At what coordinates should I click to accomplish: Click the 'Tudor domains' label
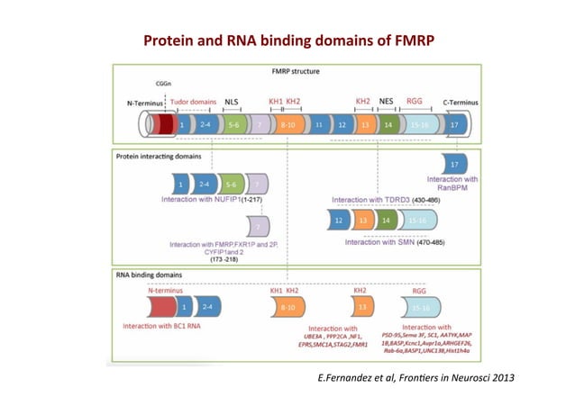pos(193,103)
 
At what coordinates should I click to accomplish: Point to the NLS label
pos(232,103)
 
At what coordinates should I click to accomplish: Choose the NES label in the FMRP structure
pos(388,103)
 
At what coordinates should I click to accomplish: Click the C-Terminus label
pos(461,104)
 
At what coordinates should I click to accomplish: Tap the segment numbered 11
pos(319,126)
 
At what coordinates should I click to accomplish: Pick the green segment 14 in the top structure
pos(388,126)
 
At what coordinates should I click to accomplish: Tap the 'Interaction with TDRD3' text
pos(370,200)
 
